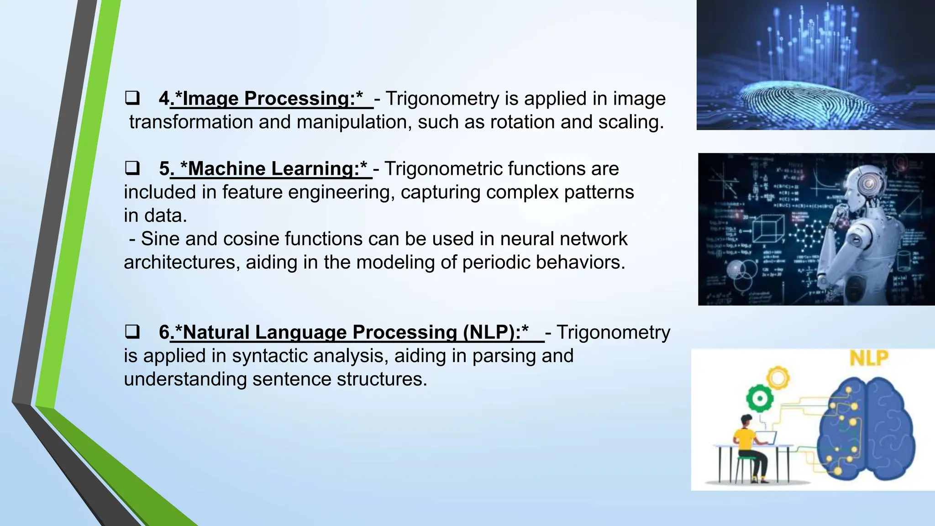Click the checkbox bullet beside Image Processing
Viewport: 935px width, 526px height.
click(132, 99)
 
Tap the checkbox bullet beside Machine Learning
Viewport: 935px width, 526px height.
click(132, 168)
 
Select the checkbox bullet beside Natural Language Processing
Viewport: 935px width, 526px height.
click(132, 332)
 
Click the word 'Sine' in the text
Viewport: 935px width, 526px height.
click(160, 239)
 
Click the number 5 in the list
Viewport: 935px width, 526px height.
click(164, 168)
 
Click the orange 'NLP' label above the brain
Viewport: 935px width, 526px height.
click(869, 358)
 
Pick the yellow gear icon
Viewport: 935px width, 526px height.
click(778, 378)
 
